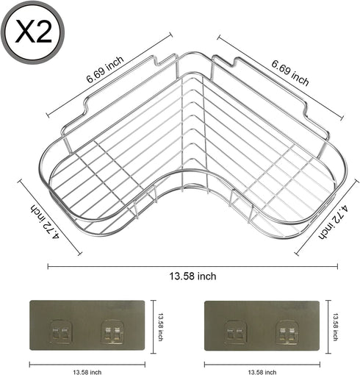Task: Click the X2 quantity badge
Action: (33, 32)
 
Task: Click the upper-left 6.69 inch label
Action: (105, 69)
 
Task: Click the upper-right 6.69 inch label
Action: (290, 73)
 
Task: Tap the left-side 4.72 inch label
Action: (45, 221)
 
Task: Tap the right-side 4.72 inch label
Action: (334, 222)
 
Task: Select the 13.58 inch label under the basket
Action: (192, 276)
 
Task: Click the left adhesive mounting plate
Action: (87, 325)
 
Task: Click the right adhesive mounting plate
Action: (262, 326)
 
